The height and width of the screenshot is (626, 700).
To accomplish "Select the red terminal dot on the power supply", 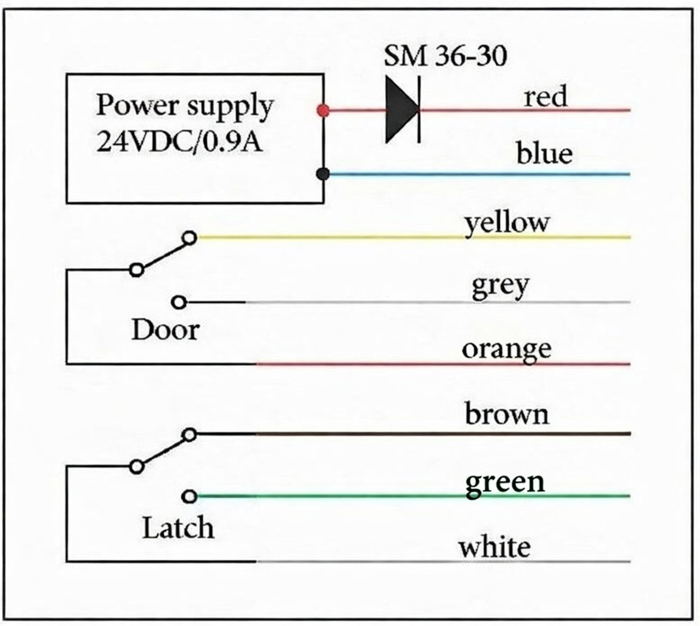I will click(x=322, y=110).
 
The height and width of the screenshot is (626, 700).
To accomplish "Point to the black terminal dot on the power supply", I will click(x=322, y=174).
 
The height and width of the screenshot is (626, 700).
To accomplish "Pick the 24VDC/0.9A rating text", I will click(x=180, y=140).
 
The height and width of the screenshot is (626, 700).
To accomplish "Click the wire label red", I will click(x=545, y=97).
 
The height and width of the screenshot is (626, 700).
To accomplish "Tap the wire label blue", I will click(x=544, y=155).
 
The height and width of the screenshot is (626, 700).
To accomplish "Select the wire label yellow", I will click(x=507, y=224).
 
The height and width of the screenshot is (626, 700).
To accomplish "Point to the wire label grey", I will click(x=500, y=287).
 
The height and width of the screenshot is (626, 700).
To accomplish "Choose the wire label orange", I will click(x=507, y=350).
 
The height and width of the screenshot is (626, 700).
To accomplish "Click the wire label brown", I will click(x=507, y=414).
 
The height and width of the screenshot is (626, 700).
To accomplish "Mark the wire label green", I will click(x=505, y=483).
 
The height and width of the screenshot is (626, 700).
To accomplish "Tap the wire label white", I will click(x=494, y=546).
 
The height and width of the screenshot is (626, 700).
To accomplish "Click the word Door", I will click(x=165, y=330).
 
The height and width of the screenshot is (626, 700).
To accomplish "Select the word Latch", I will click(x=178, y=528).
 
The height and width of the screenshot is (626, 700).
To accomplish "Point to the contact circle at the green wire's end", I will click(x=189, y=497).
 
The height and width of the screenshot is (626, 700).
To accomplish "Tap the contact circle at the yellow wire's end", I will click(x=189, y=238).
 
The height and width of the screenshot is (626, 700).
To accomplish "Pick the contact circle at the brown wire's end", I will click(x=189, y=434).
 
